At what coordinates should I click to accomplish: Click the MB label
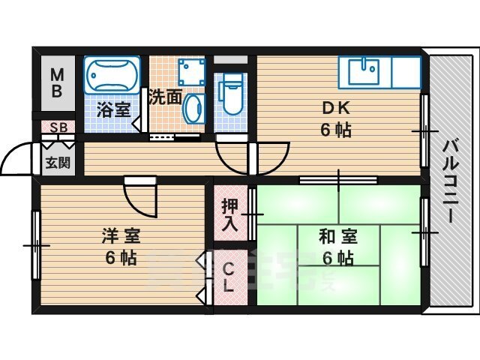point(58,84)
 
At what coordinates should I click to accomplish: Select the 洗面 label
point(163,97)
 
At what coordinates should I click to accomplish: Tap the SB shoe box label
point(58,127)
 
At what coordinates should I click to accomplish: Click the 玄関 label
point(57,161)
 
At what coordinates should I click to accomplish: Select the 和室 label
point(337,238)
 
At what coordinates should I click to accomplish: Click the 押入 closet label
point(229,214)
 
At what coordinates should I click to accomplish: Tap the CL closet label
point(229,277)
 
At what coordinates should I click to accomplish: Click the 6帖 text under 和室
point(337,259)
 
